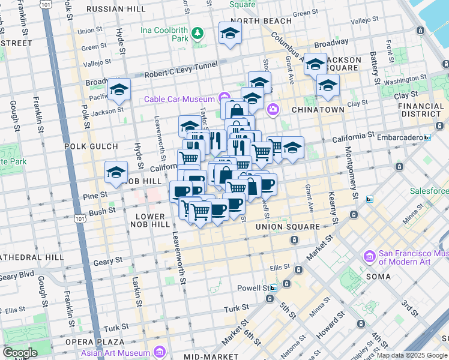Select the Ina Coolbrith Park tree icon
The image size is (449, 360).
(x=197, y=31)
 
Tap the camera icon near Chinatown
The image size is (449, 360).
(x=273, y=109)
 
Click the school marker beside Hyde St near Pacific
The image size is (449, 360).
(x=119, y=90)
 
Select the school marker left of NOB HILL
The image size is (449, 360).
(x=116, y=173)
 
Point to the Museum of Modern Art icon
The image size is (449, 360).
(x=370, y=257)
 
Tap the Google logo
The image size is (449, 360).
(x=20, y=353)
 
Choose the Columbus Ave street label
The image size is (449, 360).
(x=283, y=45)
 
